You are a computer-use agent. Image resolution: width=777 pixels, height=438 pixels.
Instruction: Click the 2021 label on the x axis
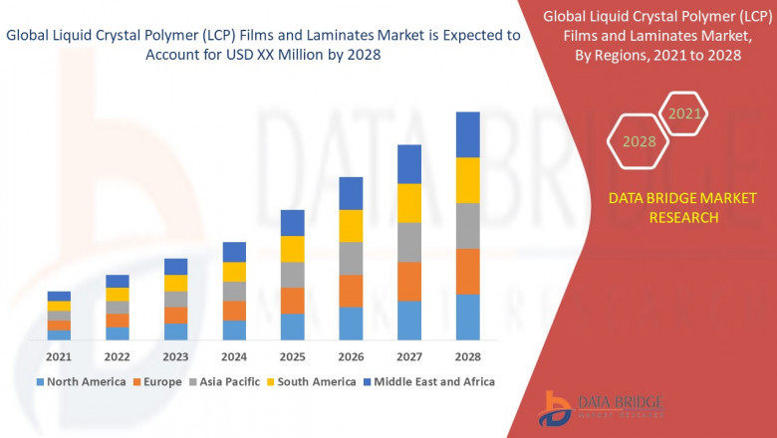click(59, 356)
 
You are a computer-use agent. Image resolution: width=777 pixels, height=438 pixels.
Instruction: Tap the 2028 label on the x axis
click(467, 356)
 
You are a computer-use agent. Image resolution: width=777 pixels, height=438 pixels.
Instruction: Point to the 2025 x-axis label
click(292, 356)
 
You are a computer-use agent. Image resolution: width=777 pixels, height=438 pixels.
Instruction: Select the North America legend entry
click(81, 381)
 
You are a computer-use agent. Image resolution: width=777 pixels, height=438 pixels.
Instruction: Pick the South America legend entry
click(313, 381)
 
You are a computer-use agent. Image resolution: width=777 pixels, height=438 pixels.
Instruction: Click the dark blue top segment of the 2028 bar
click(467, 134)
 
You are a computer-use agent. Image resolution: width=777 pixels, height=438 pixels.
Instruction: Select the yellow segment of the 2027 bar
click(408, 203)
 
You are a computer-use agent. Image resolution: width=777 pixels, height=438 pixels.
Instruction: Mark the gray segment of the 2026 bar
click(351, 258)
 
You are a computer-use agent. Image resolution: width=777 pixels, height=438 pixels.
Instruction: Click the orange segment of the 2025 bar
click(292, 301)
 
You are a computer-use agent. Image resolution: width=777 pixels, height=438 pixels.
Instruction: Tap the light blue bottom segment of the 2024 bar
click(234, 330)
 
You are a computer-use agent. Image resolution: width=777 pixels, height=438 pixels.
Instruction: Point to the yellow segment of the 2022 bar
click(118, 294)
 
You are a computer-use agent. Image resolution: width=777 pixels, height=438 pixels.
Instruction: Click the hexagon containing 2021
click(684, 114)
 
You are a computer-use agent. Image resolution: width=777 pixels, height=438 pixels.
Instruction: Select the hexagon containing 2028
click(639, 141)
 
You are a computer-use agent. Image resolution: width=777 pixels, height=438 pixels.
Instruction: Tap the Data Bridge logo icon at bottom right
click(554, 408)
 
